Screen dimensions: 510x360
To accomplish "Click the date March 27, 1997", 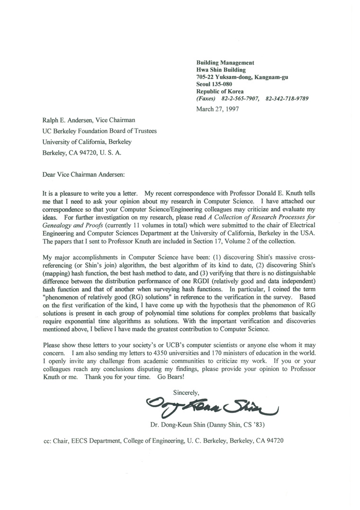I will [x=217, y=108].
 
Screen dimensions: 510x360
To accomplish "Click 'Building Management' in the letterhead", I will [x=225, y=62].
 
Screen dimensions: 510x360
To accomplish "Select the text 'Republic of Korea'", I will [x=220, y=91].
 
